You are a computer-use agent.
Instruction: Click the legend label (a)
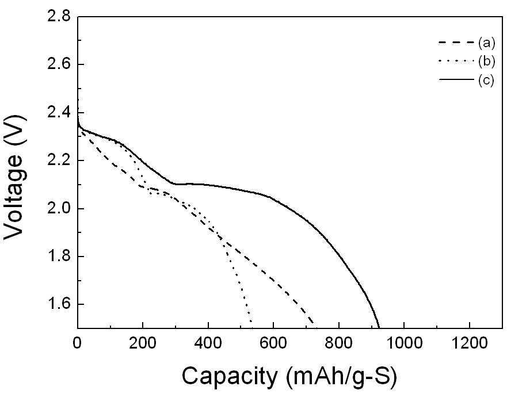click(x=487, y=43)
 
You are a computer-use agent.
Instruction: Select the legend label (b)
click(x=487, y=61)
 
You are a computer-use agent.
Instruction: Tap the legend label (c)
click(x=486, y=80)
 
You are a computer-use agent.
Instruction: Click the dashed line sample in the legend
click(x=456, y=43)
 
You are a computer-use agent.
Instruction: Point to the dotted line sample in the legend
click(x=456, y=61)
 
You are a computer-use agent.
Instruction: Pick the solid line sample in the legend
click(x=456, y=79)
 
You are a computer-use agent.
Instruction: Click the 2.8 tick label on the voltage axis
click(x=59, y=16)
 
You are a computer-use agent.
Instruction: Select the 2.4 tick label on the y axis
click(x=59, y=112)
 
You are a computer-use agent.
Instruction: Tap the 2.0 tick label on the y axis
click(x=59, y=208)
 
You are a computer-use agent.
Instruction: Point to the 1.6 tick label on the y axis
click(x=59, y=304)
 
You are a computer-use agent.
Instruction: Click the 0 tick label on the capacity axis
click(x=77, y=343)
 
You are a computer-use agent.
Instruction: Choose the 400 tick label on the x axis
click(x=208, y=343)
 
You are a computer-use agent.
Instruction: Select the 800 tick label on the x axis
click(x=338, y=343)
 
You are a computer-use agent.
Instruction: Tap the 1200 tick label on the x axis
click(x=469, y=343)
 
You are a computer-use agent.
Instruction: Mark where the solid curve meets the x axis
click(x=379, y=327)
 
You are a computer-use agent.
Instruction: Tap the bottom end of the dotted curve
click(x=251, y=322)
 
